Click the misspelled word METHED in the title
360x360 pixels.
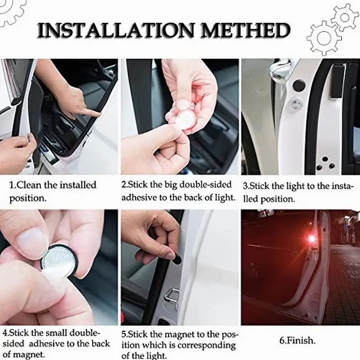[245, 31]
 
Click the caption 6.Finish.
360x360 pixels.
[297, 341]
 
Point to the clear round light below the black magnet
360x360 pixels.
[295, 101]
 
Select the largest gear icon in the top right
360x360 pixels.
[324, 38]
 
